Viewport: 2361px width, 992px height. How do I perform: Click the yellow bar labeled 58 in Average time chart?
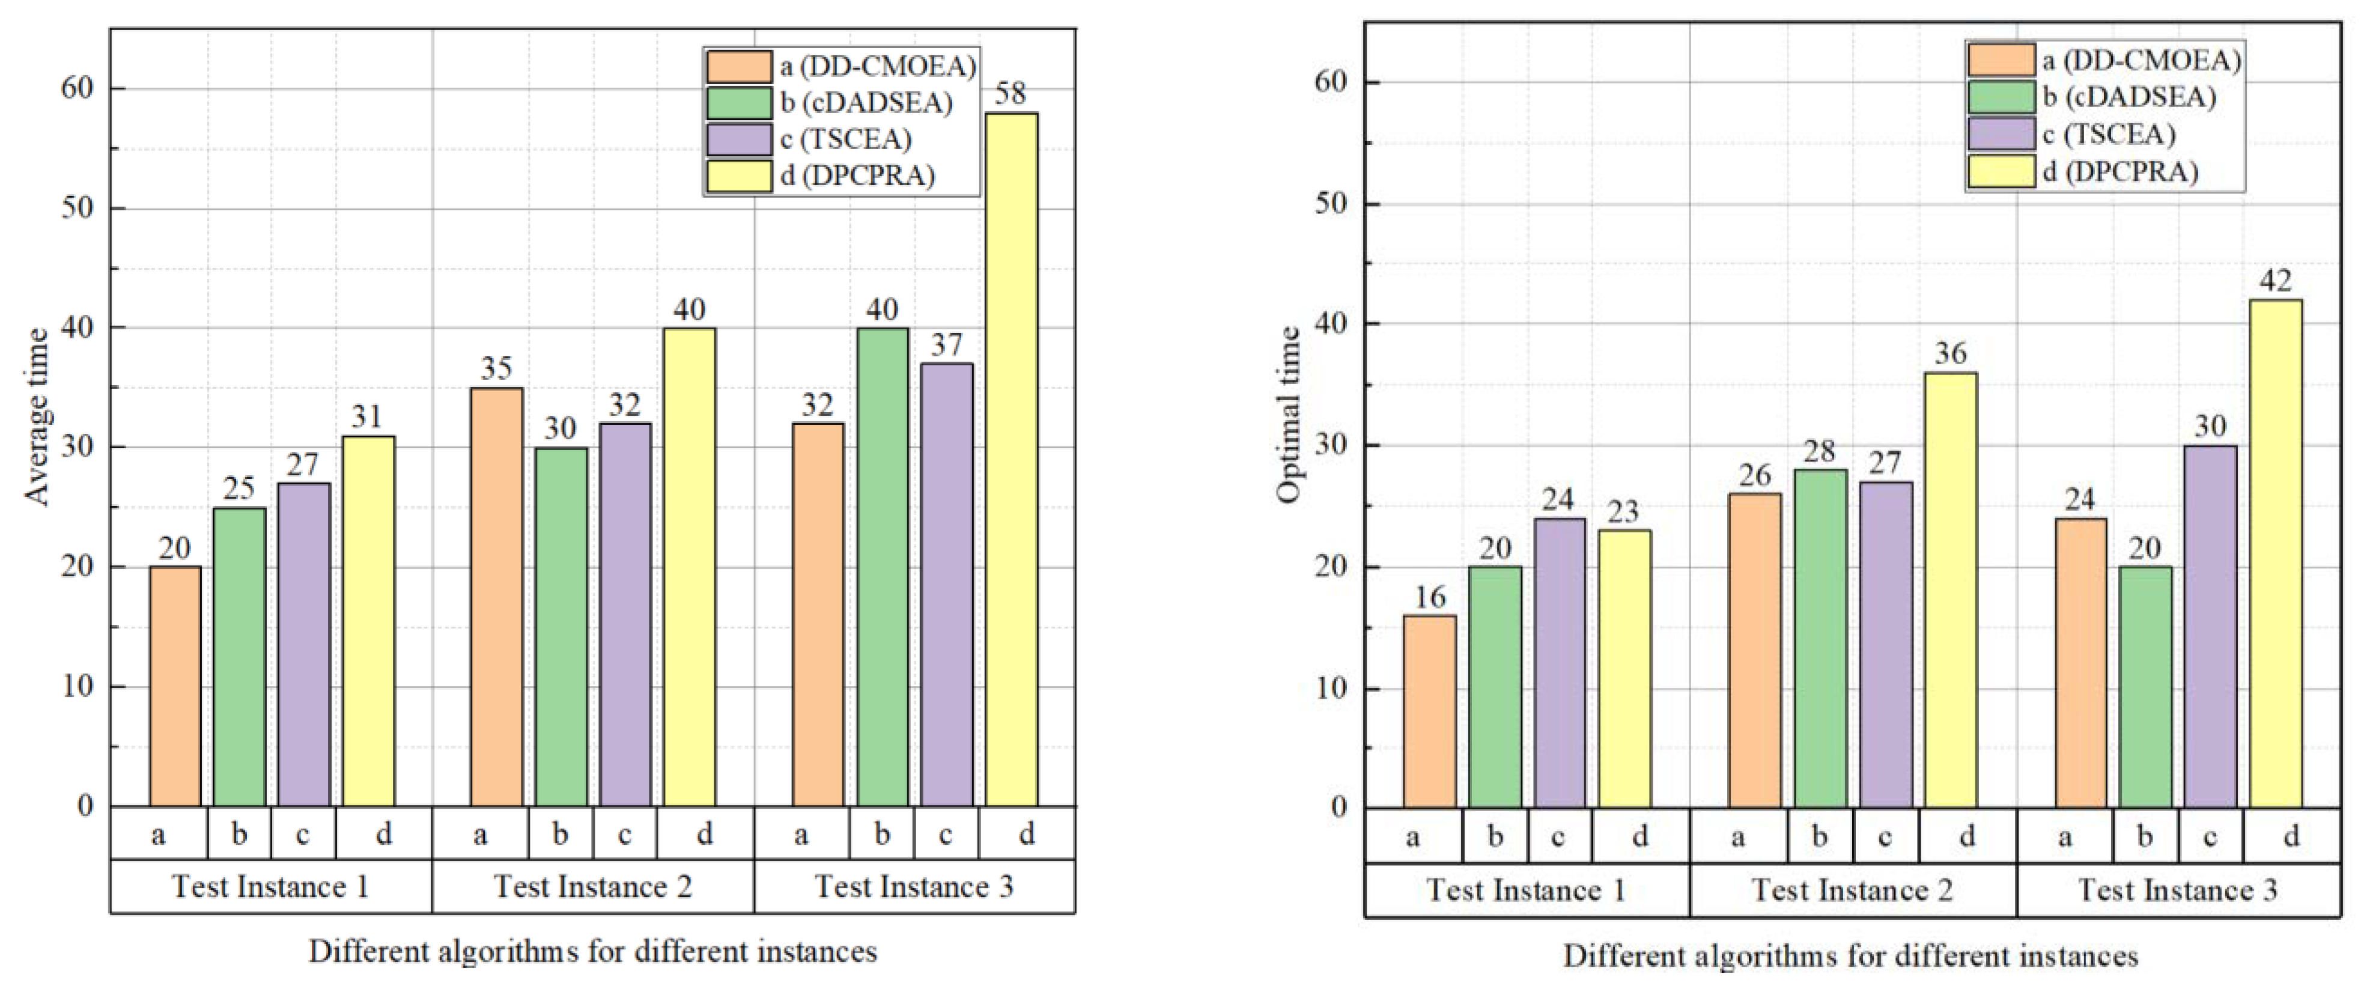[x=1011, y=458]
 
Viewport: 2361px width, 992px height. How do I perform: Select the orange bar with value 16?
[x=1429, y=711]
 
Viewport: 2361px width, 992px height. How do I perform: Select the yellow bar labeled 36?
[x=1951, y=591]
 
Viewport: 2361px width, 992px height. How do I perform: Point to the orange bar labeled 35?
[x=497, y=597]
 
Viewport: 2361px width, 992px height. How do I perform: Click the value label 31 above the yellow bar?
[x=366, y=417]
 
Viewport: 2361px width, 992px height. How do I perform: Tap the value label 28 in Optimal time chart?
[x=1819, y=451]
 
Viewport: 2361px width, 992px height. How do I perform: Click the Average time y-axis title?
[x=37, y=416]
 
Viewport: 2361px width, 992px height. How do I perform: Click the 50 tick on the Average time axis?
[x=78, y=208]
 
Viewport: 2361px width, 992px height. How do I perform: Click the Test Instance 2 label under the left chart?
[x=592, y=887]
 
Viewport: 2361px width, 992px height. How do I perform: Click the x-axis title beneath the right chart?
[x=1850, y=956]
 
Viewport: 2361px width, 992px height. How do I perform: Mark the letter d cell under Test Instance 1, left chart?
[x=383, y=833]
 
